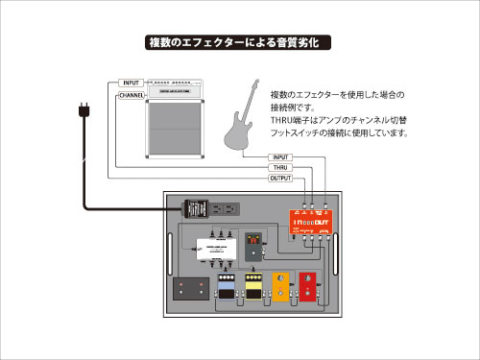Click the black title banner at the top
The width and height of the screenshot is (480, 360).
(x=240, y=42)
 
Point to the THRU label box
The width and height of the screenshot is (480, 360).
(x=281, y=167)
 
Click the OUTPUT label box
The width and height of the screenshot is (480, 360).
(x=281, y=178)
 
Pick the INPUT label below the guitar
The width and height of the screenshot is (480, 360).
(x=281, y=156)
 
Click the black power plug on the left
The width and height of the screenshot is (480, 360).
(x=83, y=113)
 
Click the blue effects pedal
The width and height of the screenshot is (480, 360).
(x=227, y=287)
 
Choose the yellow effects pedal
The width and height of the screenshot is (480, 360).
(x=255, y=287)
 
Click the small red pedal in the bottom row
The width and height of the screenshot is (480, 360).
(x=309, y=285)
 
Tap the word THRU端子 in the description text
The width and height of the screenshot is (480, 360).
(x=286, y=121)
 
